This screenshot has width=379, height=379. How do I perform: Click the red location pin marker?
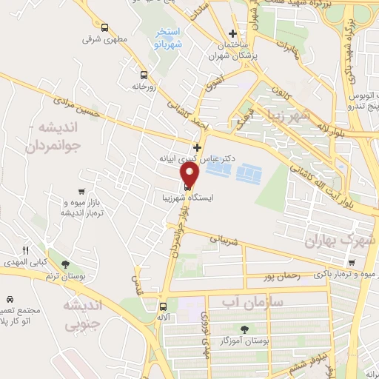(x=190, y=175)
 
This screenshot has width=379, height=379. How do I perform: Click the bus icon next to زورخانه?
(x=143, y=75)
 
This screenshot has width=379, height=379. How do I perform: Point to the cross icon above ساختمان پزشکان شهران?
(x=232, y=33)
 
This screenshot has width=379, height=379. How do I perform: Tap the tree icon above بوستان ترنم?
(x=66, y=264)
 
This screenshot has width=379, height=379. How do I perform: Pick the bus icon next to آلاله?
(x=163, y=305)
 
